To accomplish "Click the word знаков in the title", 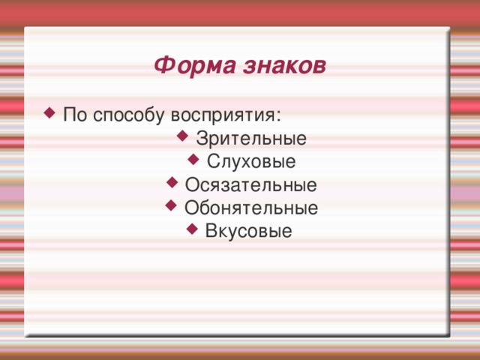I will click(285, 66).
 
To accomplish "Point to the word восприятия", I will click(225, 117).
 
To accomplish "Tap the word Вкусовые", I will click(248, 230).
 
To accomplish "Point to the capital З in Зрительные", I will click(200, 139).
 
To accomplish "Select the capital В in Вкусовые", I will click(210, 230).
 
